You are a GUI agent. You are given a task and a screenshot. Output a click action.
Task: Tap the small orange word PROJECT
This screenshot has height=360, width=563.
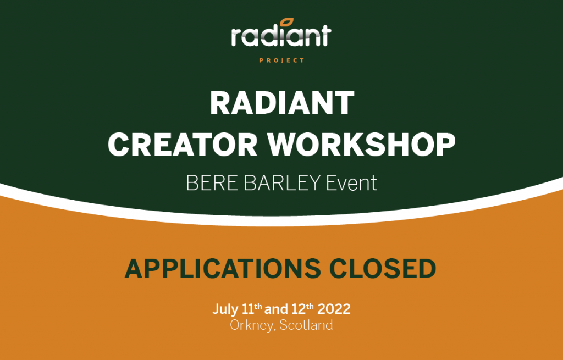281,60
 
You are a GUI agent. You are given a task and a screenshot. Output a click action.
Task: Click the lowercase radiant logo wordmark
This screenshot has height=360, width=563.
281,36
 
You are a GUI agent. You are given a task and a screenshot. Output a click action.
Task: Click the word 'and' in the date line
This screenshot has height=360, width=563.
277,309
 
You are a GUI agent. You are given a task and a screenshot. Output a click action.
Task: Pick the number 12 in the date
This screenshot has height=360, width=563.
297,309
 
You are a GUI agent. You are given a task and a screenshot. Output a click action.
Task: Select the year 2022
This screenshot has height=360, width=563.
333,309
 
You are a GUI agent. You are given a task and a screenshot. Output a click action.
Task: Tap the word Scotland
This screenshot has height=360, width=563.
306,325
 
